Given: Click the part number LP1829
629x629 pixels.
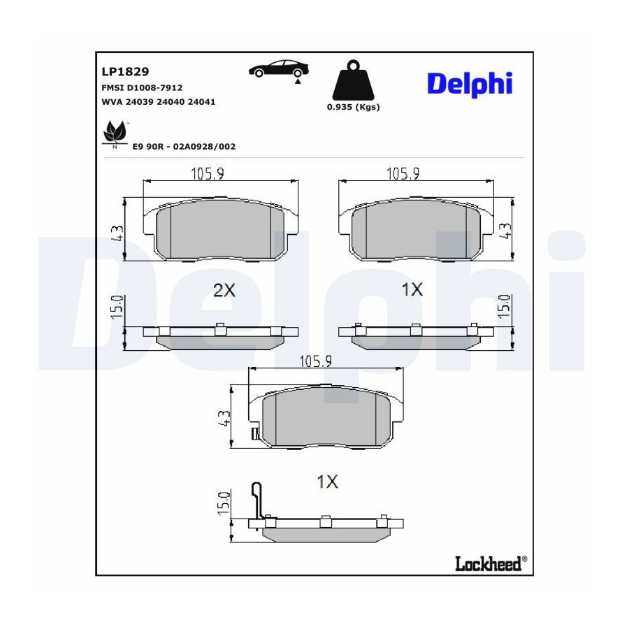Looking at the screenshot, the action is point(125,71).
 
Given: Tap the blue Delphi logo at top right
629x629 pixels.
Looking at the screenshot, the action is point(470,85).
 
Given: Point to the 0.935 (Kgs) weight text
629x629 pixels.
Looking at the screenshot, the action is point(353,107).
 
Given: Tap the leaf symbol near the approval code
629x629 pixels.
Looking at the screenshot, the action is point(115,133).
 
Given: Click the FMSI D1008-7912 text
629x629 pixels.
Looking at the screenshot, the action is point(142,87).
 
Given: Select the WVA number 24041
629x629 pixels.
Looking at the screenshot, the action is point(201,102).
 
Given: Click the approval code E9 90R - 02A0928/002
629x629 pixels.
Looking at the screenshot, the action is point(184,147).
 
